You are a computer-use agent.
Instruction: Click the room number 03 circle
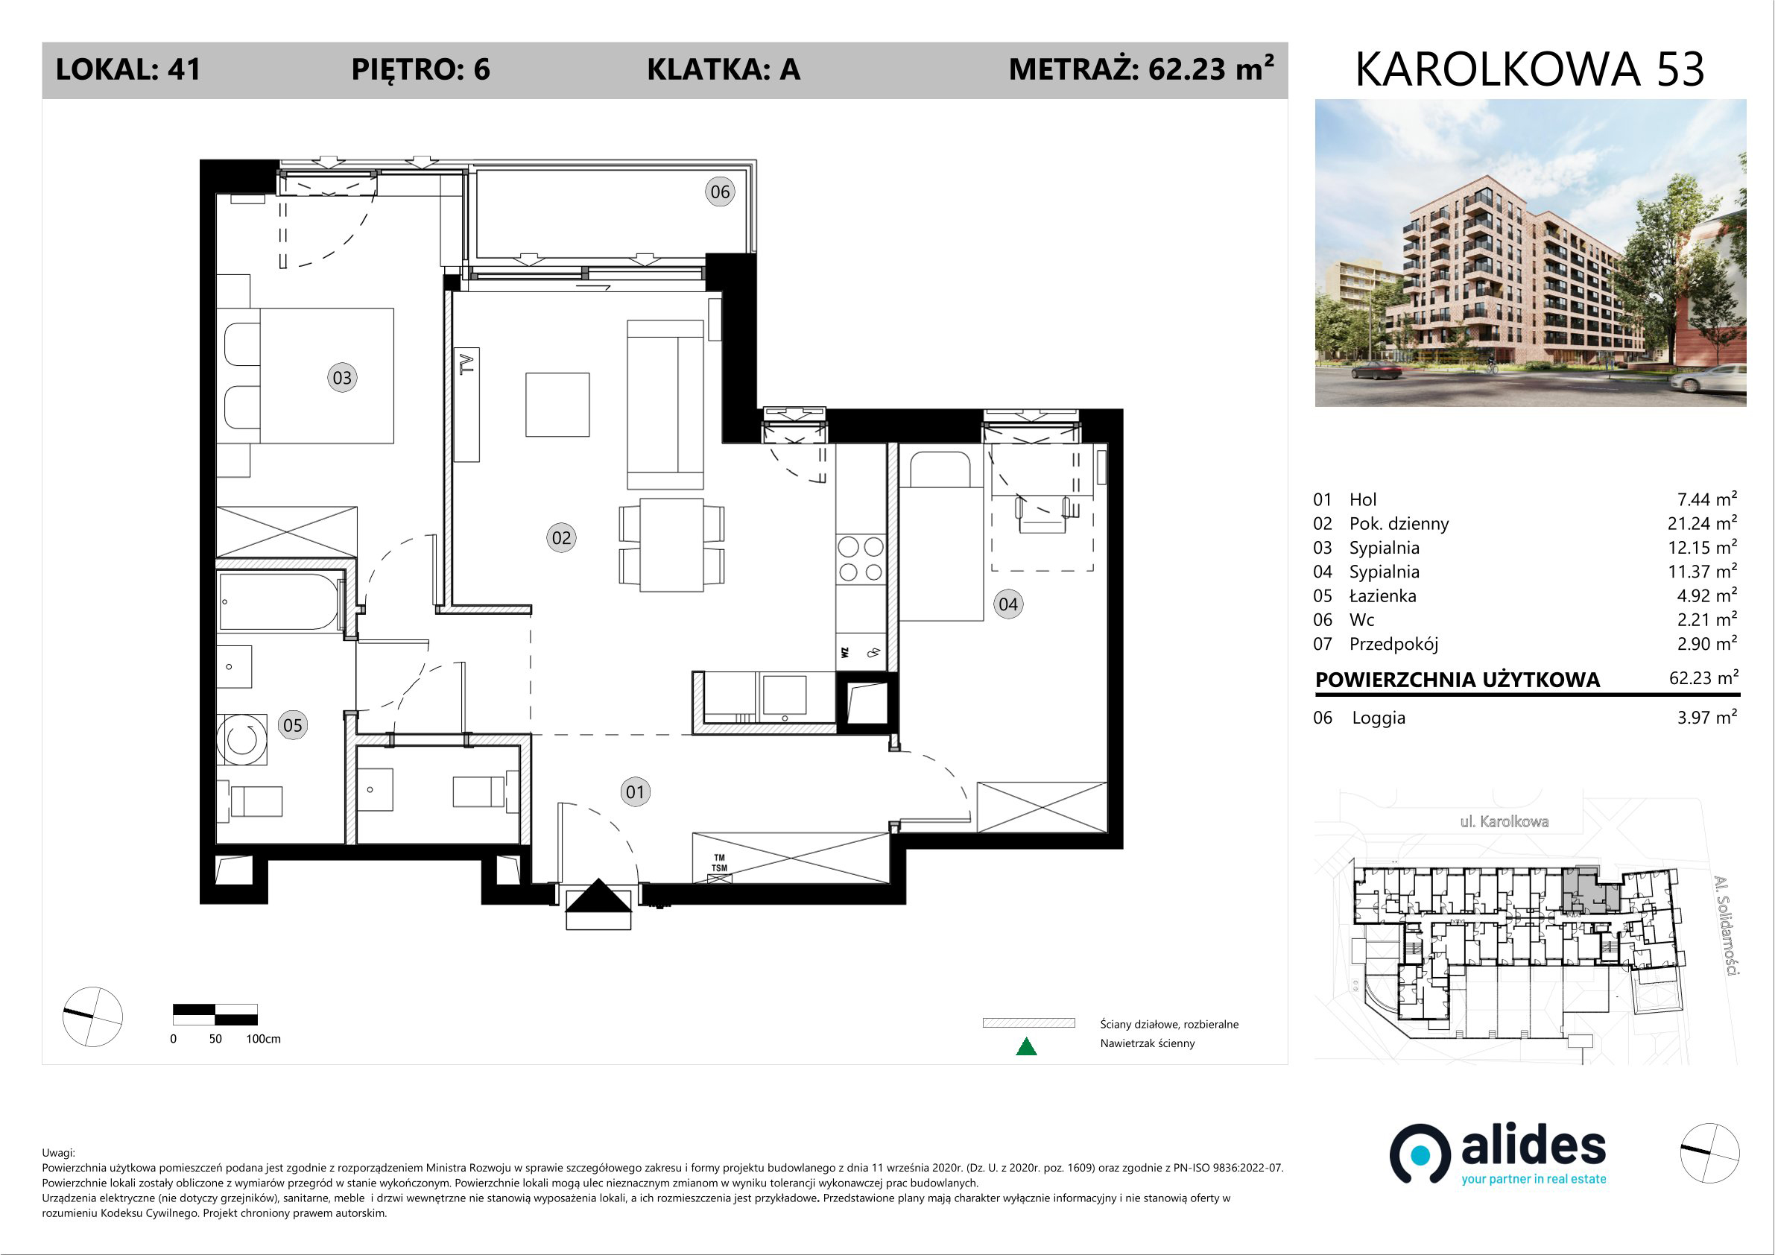(x=342, y=378)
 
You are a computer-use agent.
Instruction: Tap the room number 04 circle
(x=1008, y=604)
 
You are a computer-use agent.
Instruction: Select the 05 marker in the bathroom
(x=292, y=725)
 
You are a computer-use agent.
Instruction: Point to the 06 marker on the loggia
(x=720, y=192)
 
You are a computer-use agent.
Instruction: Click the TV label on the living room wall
(x=466, y=364)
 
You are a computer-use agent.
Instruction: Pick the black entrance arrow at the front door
(x=598, y=897)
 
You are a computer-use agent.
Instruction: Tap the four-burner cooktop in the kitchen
(x=861, y=559)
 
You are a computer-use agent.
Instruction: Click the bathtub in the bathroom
(x=280, y=601)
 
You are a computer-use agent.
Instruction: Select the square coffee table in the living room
(x=557, y=405)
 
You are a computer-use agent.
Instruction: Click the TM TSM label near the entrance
(x=719, y=863)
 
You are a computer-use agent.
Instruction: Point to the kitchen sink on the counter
(x=784, y=695)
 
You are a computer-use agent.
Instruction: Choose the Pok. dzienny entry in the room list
(x=1399, y=523)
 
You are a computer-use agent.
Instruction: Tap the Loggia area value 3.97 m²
(x=1706, y=717)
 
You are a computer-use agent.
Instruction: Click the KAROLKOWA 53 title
(x=1529, y=69)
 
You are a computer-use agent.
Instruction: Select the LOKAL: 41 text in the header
(x=128, y=69)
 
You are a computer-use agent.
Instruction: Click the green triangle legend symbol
(x=1026, y=1046)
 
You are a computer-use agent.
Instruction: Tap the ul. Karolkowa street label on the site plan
(x=1505, y=821)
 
